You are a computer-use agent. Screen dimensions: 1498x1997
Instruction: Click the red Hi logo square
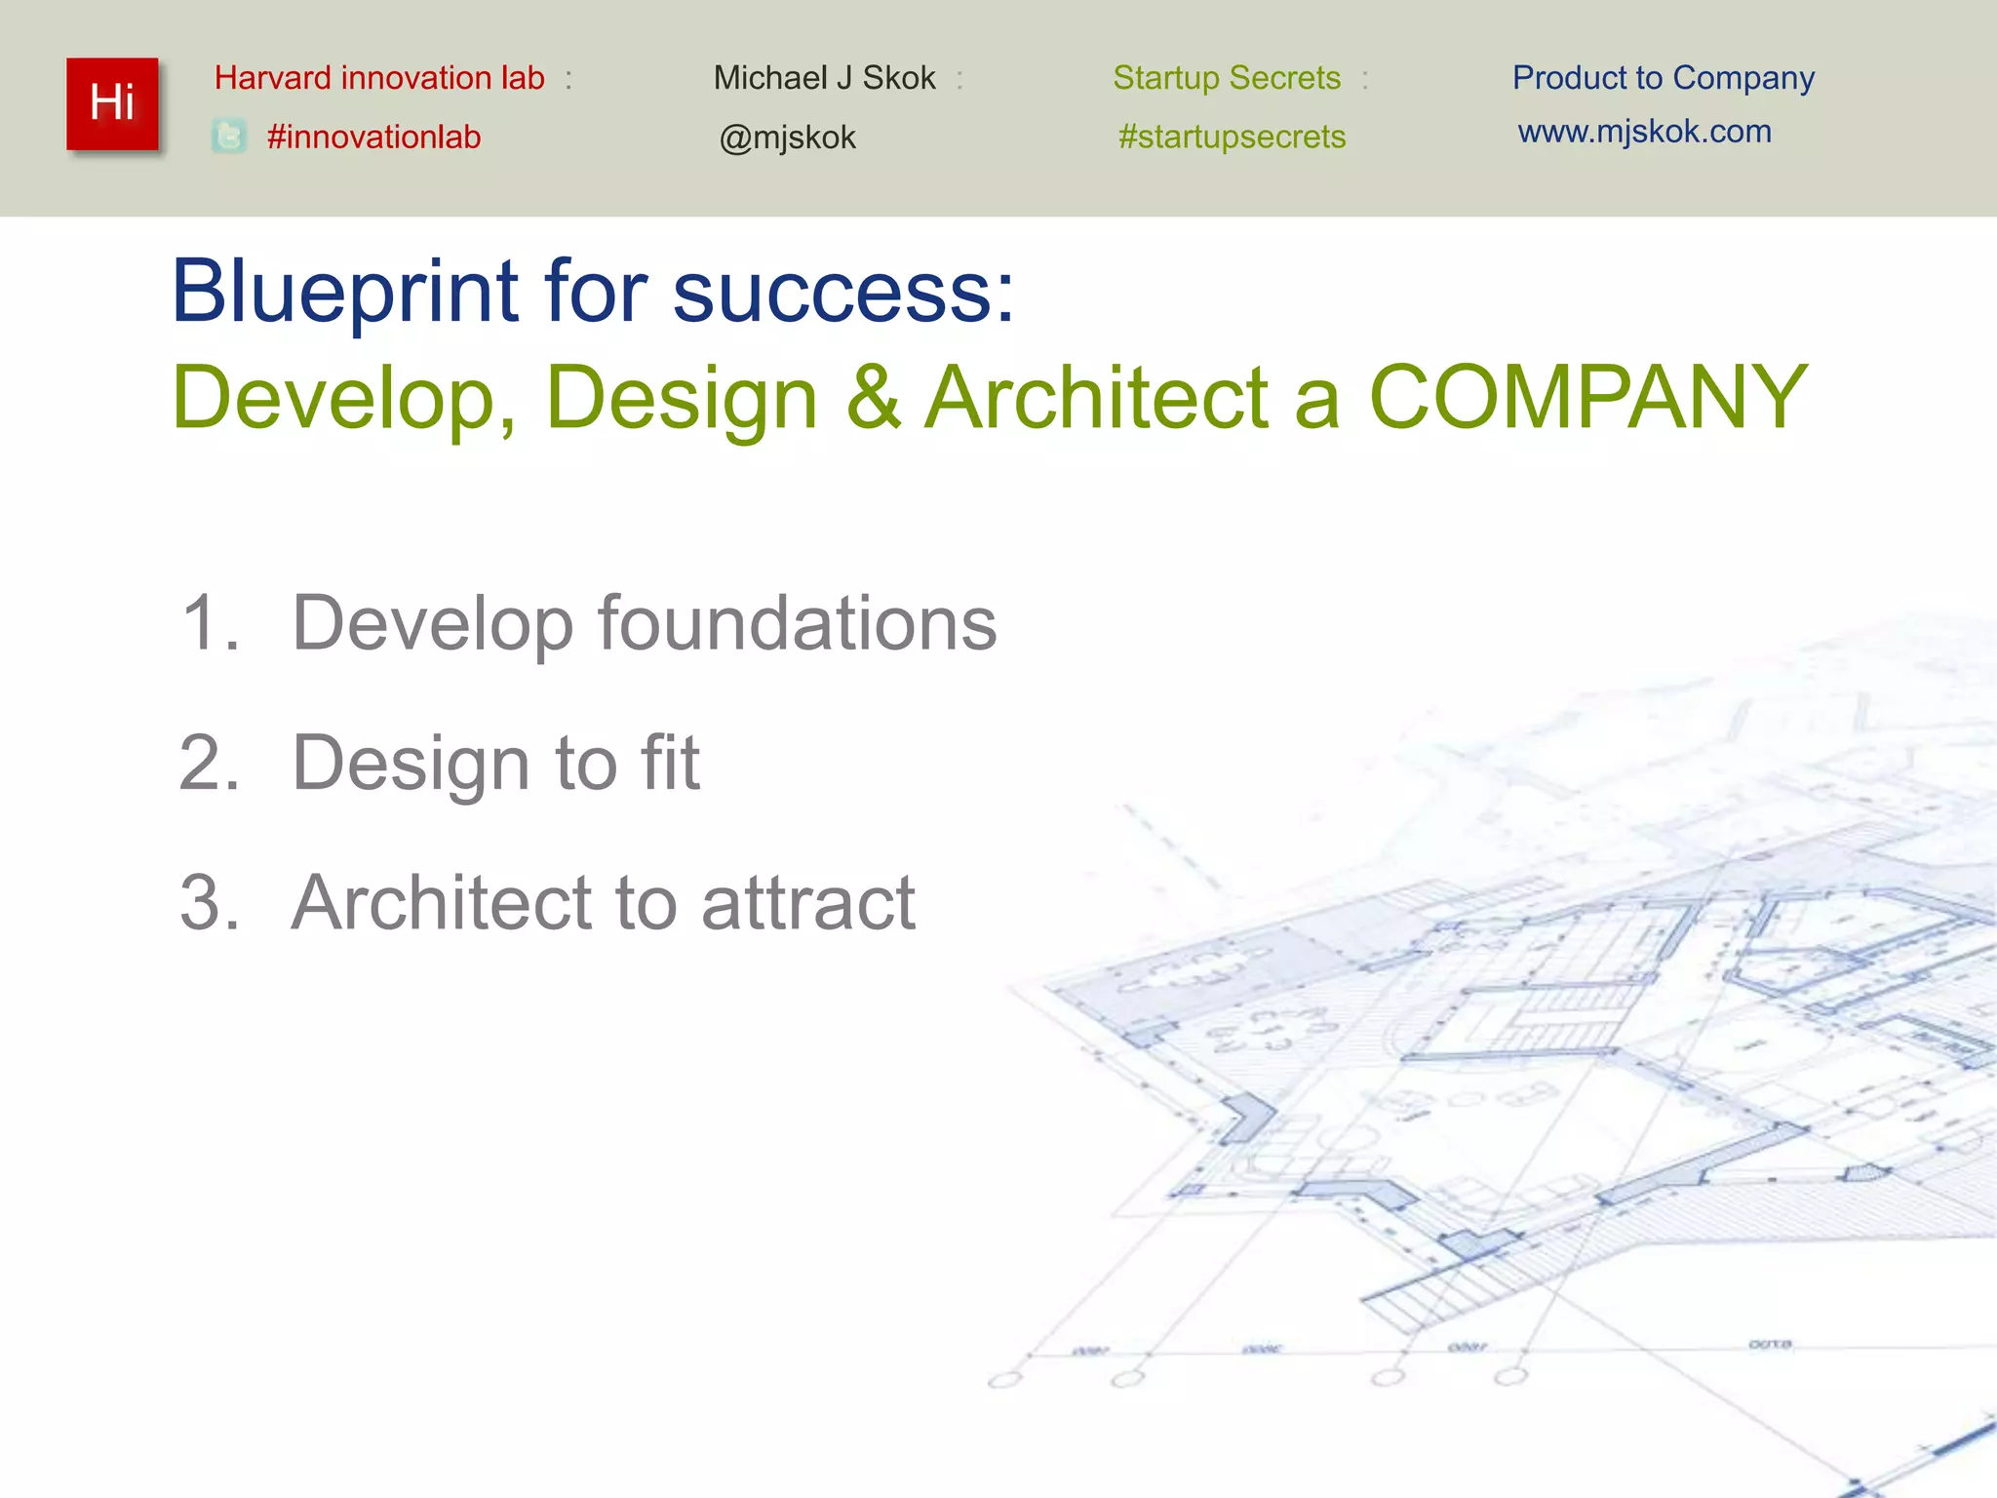(112, 103)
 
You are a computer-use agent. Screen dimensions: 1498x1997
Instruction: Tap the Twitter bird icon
(229, 137)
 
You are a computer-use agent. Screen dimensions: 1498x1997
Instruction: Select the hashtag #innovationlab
(373, 137)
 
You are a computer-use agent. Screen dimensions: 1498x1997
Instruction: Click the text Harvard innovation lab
(379, 78)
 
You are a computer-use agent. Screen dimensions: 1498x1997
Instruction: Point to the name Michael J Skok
(824, 78)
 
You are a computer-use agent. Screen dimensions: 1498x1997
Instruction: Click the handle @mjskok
(787, 138)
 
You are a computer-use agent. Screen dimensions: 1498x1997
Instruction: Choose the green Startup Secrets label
(1227, 78)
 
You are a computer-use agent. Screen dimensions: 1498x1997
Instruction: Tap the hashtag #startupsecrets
(1232, 137)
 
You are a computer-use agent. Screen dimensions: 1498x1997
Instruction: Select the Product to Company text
(1663, 78)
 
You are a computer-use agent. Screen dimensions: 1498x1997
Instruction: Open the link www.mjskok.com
(1644, 132)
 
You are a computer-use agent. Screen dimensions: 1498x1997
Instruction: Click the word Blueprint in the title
(345, 293)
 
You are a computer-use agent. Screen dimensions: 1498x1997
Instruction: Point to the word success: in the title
(843, 293)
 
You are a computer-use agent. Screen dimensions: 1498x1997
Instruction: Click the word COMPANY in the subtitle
(1588, 397)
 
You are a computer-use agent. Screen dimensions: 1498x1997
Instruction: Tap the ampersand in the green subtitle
(873, 397)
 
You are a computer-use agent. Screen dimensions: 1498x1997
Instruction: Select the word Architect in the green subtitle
(1096, 397)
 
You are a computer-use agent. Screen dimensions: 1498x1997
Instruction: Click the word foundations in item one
(797, 623)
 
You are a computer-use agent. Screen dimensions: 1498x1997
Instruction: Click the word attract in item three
(808, 902)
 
